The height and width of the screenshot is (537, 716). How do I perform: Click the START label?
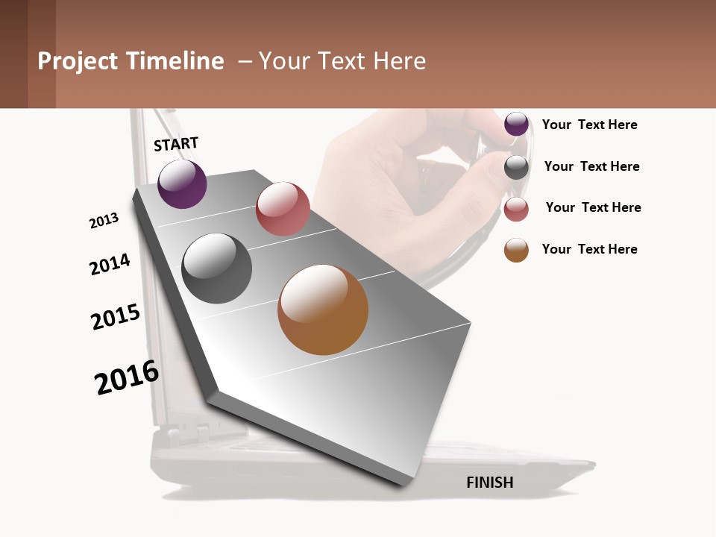[176, 144]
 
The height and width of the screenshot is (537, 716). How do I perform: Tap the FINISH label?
[489, 483]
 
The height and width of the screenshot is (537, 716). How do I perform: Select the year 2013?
[104, 221]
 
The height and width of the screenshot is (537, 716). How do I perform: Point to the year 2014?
[110, 264]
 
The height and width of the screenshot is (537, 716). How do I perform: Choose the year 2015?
[116, 317]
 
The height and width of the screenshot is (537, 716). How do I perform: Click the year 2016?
[127, 377]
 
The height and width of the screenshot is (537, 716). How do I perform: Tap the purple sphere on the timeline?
[182, 183]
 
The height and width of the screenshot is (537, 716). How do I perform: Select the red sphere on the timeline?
[283, 209]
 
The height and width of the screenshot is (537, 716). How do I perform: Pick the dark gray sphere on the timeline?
[216, 268]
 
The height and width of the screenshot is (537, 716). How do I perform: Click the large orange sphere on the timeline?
[323, 310]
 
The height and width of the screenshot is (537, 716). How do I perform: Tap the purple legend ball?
[516, 125]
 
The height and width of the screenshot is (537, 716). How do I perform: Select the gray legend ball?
[516, 167]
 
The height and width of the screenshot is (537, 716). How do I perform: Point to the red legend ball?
[516, 209]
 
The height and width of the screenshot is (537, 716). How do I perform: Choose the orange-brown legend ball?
[516, 250]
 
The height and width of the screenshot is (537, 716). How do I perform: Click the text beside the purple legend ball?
[589, 125]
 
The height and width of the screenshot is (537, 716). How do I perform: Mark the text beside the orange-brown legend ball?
[589, 249]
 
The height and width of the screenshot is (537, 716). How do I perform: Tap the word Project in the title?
[78, 61]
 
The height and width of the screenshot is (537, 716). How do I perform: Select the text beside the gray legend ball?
[591, 166]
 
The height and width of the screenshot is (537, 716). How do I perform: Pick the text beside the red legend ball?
[593, 207]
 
